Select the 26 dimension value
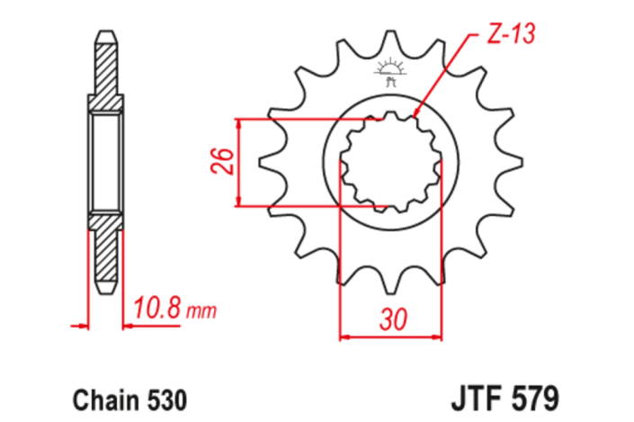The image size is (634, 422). click(227, 161)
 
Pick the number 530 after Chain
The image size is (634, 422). click(166, 396)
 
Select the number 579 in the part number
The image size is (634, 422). click(538, 396)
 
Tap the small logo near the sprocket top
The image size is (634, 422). click(390, 71)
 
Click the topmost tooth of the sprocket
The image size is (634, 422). click(389, 40)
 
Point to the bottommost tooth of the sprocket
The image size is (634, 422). click(389, 286)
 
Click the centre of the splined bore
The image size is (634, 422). click(390, 163)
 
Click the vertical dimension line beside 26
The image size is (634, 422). click(239, 163)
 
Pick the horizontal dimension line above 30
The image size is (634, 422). click(390, 338)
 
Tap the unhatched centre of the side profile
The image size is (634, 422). click(104, 162)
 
